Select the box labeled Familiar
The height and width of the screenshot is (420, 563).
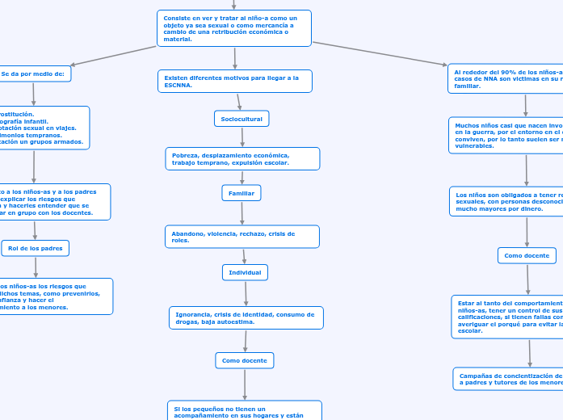tap(242, 193)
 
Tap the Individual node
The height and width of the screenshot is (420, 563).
tap(245, 273)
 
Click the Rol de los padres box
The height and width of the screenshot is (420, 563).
tap(36, 248)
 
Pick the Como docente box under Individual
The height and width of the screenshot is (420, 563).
tap(245, 359)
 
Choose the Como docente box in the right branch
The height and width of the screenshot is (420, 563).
tap(527, 255)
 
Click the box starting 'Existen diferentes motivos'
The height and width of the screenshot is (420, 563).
tap(234, 82)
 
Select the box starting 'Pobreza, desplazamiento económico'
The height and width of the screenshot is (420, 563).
tap(242, 158)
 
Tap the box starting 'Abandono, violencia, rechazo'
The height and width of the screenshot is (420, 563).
tap(242, 237)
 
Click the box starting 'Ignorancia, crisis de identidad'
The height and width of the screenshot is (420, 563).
tap(246, 317)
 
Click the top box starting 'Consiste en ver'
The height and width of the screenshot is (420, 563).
tap(234, 28)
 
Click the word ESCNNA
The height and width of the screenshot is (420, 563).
tap(178, 85)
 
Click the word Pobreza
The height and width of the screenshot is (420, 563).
tap(184, 155)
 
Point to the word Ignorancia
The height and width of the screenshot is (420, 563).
tap(192, 314)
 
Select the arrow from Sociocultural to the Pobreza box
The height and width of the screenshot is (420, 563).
tap(242, 137)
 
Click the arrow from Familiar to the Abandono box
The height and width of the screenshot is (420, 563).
tap(242, 213)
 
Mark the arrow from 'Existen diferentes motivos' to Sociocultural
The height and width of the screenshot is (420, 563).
tap(238, 102)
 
